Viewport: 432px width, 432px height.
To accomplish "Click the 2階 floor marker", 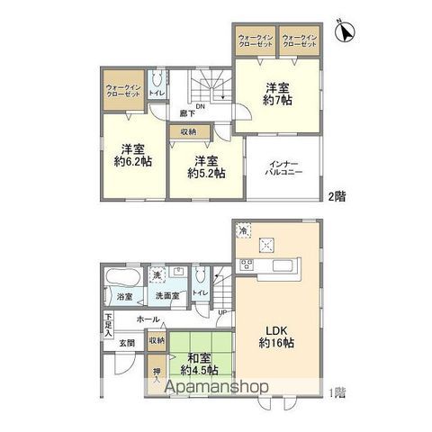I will point(335,195).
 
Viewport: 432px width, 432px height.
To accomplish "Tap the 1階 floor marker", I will point(336,391).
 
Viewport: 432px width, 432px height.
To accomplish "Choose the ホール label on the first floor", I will point(148,319).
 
